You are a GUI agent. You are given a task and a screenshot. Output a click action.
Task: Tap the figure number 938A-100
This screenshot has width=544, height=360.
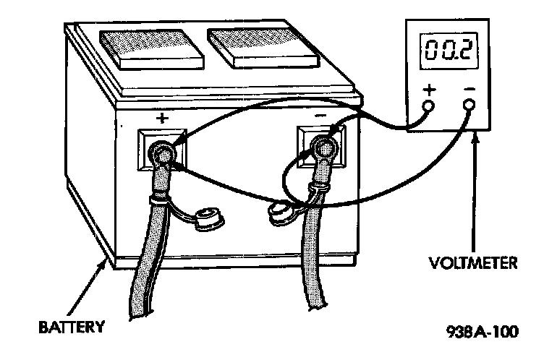click(483, 333)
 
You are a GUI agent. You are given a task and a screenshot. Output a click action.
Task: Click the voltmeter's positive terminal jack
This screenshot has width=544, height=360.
click(428, 106)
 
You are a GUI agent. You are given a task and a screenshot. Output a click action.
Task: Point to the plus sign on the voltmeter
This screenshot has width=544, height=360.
click(429, 90)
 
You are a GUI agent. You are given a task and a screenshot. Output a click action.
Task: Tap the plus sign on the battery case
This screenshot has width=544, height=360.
click(161, 117)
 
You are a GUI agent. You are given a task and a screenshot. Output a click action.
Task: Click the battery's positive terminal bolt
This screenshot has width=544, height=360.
click(161, 154)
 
